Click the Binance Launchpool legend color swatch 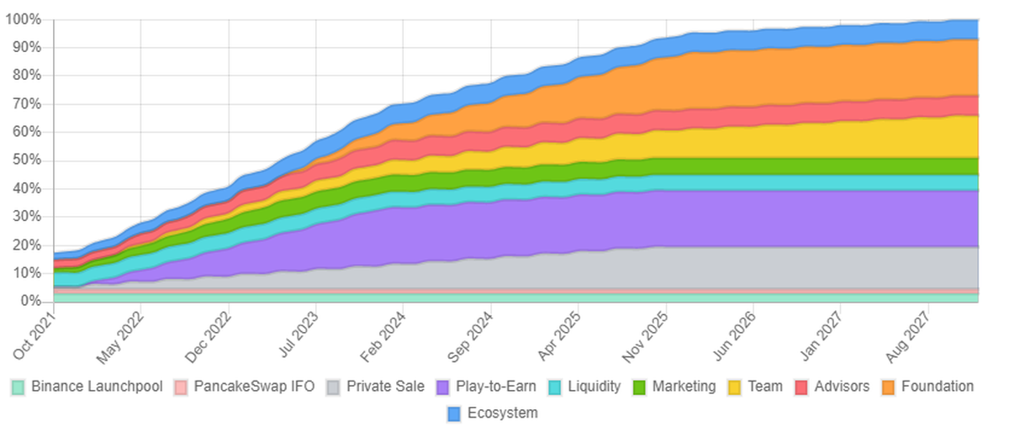pos(18,387)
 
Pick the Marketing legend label pos(684,387)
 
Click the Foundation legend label pos(938,387)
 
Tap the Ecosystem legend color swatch pos(455,413)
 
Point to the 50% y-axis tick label pos(27,160)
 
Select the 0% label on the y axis pos(30,302)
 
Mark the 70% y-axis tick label pos(27,104)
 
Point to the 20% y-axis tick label pos(27,245)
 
